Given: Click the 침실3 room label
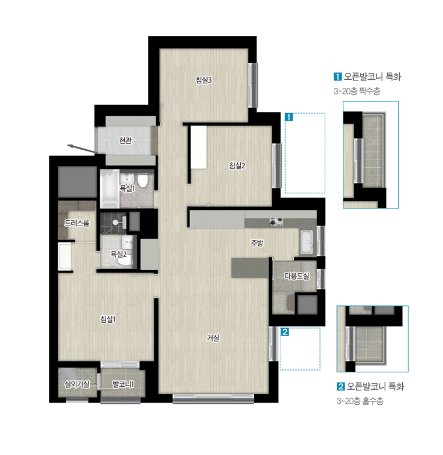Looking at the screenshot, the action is click(x=204, y=80).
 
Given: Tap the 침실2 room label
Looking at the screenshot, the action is click(x=237, y=165).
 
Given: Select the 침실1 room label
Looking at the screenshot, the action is click(x=108, y=319).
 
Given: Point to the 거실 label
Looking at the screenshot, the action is click(x=213, y=338).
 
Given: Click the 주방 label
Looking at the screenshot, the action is click(x=257, y=243).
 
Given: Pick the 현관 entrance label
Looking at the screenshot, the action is click(x=125, y=141).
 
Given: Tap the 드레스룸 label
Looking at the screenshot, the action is click(x=77, y=223).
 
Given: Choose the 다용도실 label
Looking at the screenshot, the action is click(x=297, y=276).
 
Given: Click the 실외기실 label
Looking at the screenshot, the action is click(x=77, y=384).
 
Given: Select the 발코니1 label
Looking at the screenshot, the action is click(x=123, y=384).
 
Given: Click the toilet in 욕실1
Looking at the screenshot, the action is click(x=143, y=181).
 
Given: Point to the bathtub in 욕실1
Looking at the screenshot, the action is click(x=110, y=189).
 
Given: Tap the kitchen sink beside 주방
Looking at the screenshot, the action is click(x=307, y=242).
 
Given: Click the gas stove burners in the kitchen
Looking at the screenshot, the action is click(x=276, y=222).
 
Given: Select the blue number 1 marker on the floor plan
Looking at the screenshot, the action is click(x=289, y=117).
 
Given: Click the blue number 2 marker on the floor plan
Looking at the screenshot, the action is click(x=285, y=331).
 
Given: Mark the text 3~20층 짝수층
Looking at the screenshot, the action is click(x=357, y=91).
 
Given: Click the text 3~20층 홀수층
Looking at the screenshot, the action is click(x=360, y=401).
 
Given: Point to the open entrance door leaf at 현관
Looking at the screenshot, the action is click(x=82, y=148).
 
